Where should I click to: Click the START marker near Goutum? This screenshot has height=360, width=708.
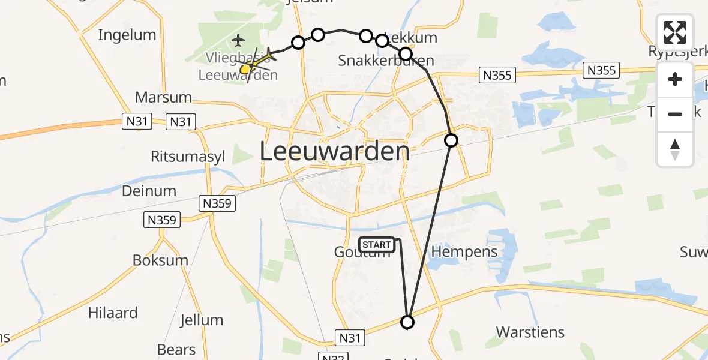pyautogui.click(x=377, y=244)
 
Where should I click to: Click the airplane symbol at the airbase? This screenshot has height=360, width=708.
pyautogui.click(x=239, y=41)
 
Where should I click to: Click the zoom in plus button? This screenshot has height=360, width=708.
pyautogui.click(x=675, y=79)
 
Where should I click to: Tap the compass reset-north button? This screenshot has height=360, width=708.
pyautogui.click(x=675, y=149)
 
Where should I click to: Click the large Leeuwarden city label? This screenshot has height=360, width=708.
pyautogui.click(x=335, y=152)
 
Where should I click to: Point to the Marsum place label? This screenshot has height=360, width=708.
pyautogui.click(x=163, y=97)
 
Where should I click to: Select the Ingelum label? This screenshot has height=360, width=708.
pyautogui.click(x=127, y=35)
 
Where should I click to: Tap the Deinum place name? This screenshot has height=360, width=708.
pyautogui.click(x=149, y=191)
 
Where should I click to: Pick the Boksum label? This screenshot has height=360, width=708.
pyautogui.click(x=160, y=260)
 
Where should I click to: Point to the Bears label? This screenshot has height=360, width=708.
pyautogui.click(x=176, y=349)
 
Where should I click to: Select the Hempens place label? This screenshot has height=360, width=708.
pyautogui.click(x=464, y=251)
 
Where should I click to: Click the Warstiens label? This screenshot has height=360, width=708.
pyautogui.click(x=530, y=332)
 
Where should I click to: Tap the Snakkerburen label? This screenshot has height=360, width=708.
pyautogui.click(x=386, y=61)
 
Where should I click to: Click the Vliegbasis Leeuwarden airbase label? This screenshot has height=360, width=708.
pyautogui.click(x=238, y=67)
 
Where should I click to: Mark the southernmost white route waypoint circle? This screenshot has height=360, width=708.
pyautogui.click(x=407, y=323)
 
